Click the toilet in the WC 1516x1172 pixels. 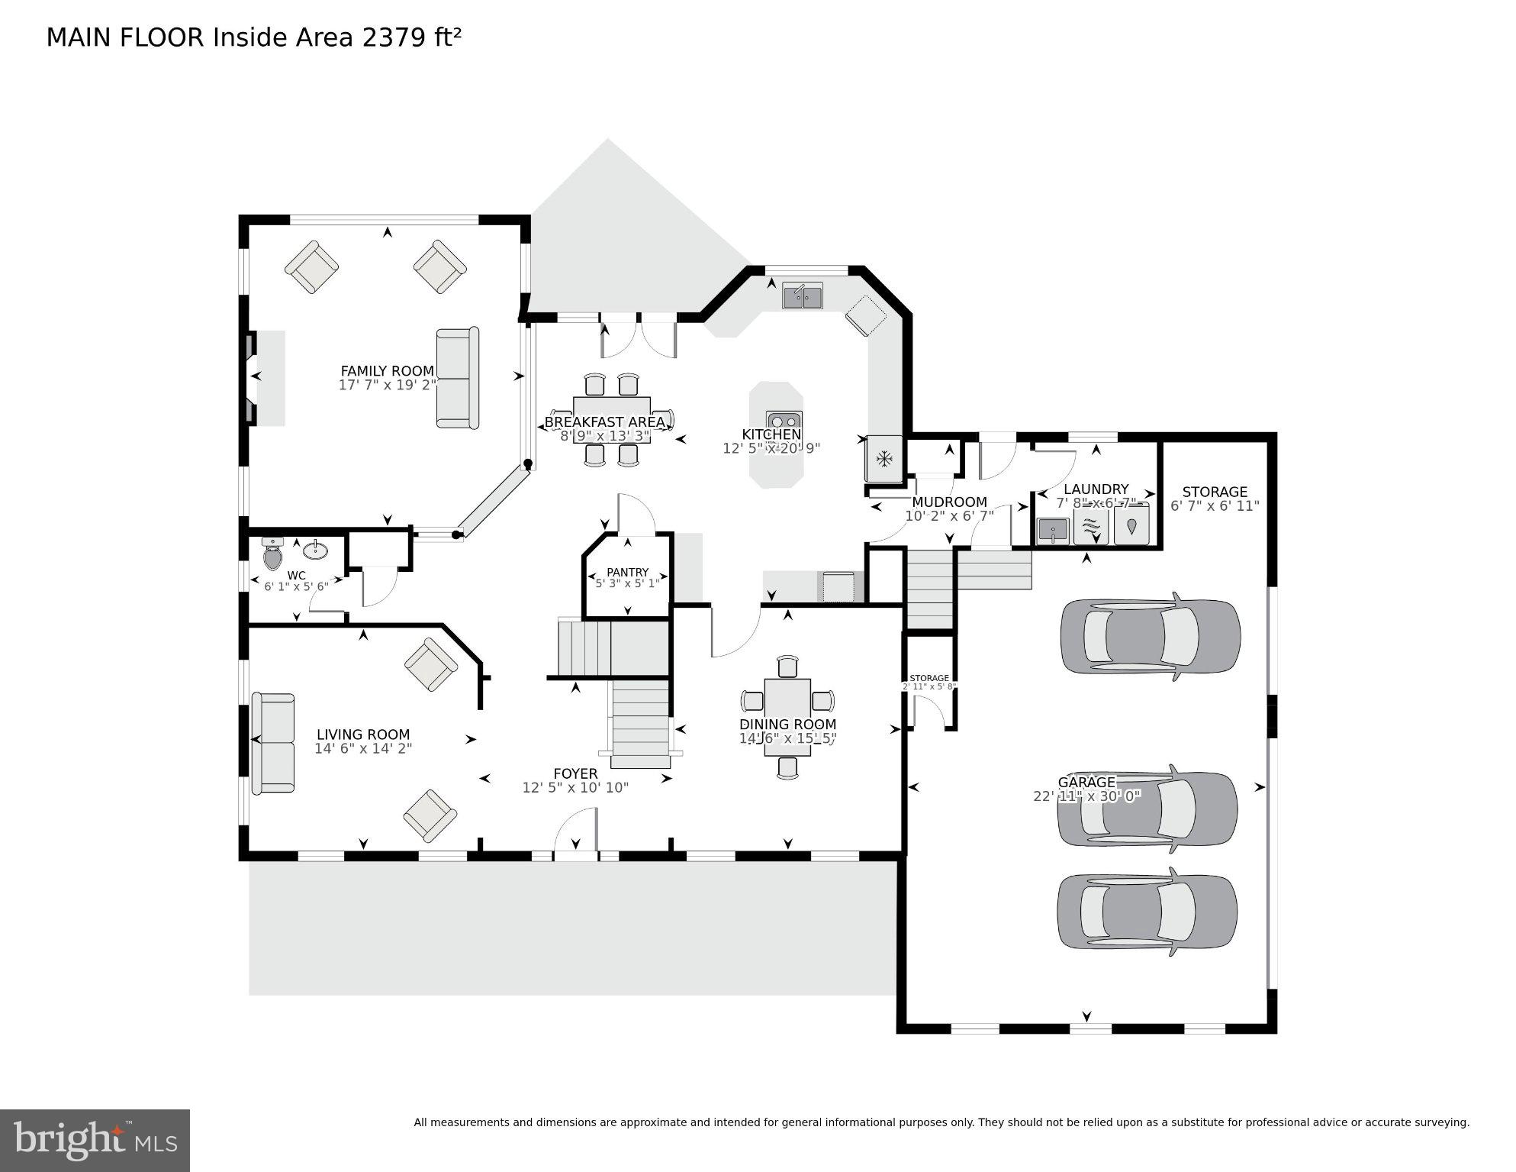click(x=272, y=554)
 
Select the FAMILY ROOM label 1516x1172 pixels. click(x=387, y=371)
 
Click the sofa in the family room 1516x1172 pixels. click(x=457, y=378)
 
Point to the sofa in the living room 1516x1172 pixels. click(x=273, y=743)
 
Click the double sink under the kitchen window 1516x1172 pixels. click(x=802, y=295)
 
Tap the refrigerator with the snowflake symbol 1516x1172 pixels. click(x=884, y=459)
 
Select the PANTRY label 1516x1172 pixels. click(x=627, y=572)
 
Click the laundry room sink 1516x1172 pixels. click(x=1052, y=530)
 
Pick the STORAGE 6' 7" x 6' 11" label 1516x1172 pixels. click(x=1215, y=499)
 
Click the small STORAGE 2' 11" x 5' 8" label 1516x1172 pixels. click(x=929, y=682)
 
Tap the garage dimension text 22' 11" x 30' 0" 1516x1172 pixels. click(x=1086, y=796)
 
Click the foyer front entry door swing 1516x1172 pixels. click(x=576, y=833)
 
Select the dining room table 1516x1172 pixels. click(x=787, y=716)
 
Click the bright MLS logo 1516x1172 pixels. click(x=95, y=1141)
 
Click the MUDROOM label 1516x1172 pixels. click(x=949, y=502)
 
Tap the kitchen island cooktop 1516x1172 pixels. click(x=784, y=421)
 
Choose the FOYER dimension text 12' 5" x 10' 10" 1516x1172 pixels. click(x=575, y=787)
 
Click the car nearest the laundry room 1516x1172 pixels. click(x=1150, y=636)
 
